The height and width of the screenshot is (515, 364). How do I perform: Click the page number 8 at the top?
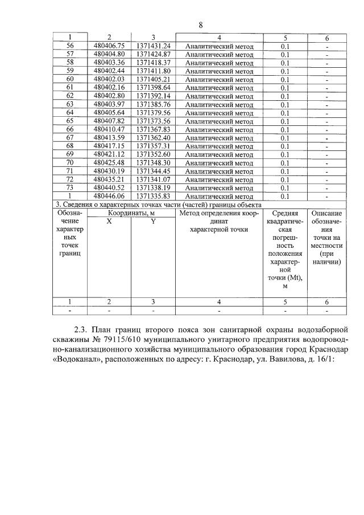click(200, 24)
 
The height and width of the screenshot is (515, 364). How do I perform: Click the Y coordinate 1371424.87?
click(153, 55)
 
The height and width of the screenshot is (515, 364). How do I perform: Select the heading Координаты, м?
click(131, 212)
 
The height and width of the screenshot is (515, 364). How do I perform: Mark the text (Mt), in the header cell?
click(294, 277)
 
